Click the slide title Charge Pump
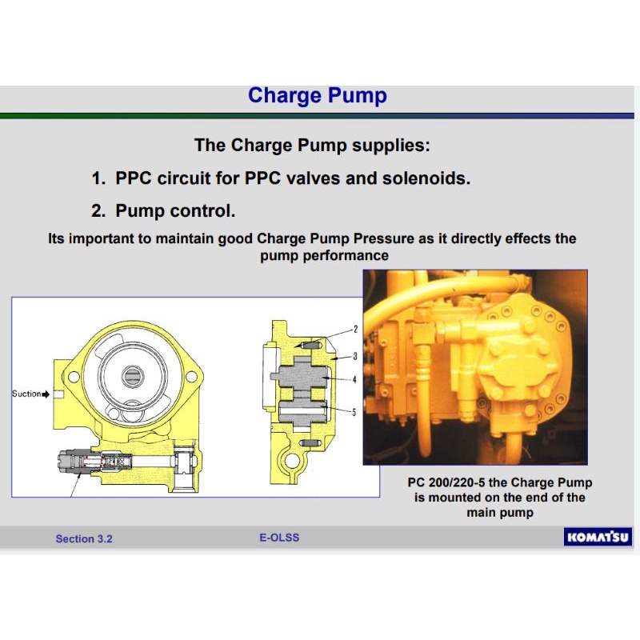pos(318,96)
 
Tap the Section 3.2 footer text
pos(84,538)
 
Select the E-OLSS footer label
pos(279,538)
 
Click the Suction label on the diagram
pos(26,394)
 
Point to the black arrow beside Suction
pos(46,394)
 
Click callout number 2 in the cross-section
pos(354,330)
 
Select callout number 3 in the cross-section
pos(354,355)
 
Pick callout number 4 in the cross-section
pos(354,380)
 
